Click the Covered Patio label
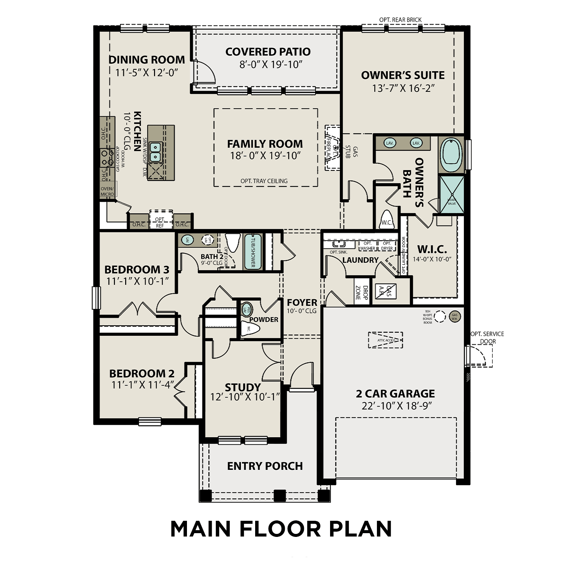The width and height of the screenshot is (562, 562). (268, 52)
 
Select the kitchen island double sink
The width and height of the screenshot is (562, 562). (155, 152)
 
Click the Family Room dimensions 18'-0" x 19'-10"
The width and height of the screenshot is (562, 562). (265, 156)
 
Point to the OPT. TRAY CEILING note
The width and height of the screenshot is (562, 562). (264, 181)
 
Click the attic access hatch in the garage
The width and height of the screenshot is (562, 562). (386, 340)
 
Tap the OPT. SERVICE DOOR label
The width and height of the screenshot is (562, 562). (487, 337)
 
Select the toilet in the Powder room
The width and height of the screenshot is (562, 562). (250, 329)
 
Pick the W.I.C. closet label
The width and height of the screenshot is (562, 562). (432, 250)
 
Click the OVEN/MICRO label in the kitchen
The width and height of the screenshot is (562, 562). (108, 191)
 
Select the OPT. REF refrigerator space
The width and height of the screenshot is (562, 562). (160, 222)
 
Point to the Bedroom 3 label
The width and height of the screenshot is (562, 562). (137, 269)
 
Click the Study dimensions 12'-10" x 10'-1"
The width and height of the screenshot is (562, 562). (245, 397)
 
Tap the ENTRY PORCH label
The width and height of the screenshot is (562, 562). (265, 466)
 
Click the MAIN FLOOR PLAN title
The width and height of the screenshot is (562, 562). (281, 529)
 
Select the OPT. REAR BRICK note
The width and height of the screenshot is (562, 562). (400, 20)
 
